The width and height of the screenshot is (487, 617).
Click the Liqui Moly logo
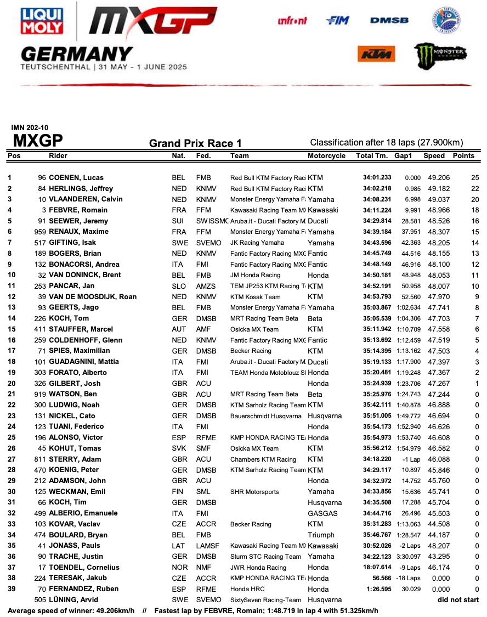point(42,22)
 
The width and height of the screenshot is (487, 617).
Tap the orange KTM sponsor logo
point(376,54)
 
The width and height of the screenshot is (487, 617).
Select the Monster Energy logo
point(440,54)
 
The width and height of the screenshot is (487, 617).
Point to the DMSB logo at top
point(389,20)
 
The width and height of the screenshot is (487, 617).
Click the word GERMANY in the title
point(77,54)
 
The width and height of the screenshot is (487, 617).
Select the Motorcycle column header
point(326,156)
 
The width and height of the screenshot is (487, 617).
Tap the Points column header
point(463,156)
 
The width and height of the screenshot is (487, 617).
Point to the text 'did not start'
point(458,600)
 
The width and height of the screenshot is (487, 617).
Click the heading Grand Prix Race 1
point(195,144)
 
